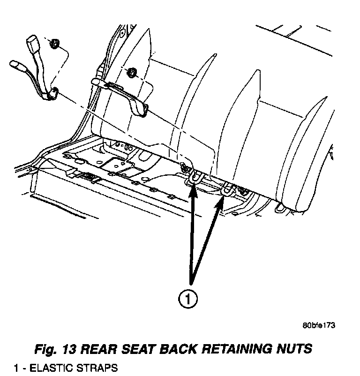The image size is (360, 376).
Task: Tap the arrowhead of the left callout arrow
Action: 194,188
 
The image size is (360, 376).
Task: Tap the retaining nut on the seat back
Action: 132,72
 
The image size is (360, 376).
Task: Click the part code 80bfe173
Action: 319,325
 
